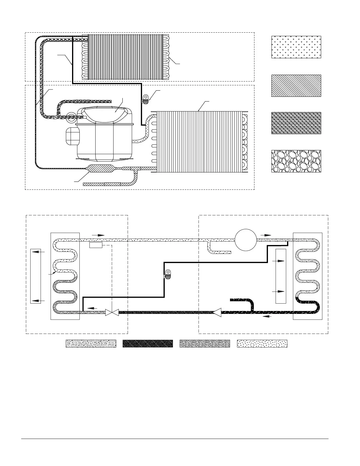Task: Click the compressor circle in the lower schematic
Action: (246, 240)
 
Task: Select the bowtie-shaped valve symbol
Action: (112, 312)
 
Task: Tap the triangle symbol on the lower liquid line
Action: (217, 312)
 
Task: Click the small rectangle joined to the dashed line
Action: (96, 245)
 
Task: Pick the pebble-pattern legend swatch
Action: (296, 161)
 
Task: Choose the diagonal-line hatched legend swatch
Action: (296, 86)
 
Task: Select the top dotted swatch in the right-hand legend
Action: (296, 47)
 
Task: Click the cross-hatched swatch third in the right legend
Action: (296, 123)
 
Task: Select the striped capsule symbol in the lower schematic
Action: (167, 274)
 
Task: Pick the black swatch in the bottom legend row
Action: (148, 344)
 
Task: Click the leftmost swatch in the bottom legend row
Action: (91, 344)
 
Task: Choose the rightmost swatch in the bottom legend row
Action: (262, 344)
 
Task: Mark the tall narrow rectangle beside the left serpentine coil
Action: (36, 276)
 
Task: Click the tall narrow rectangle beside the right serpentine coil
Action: (281, 276)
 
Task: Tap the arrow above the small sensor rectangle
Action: (98, 235)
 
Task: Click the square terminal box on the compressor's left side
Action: (72, 136)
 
